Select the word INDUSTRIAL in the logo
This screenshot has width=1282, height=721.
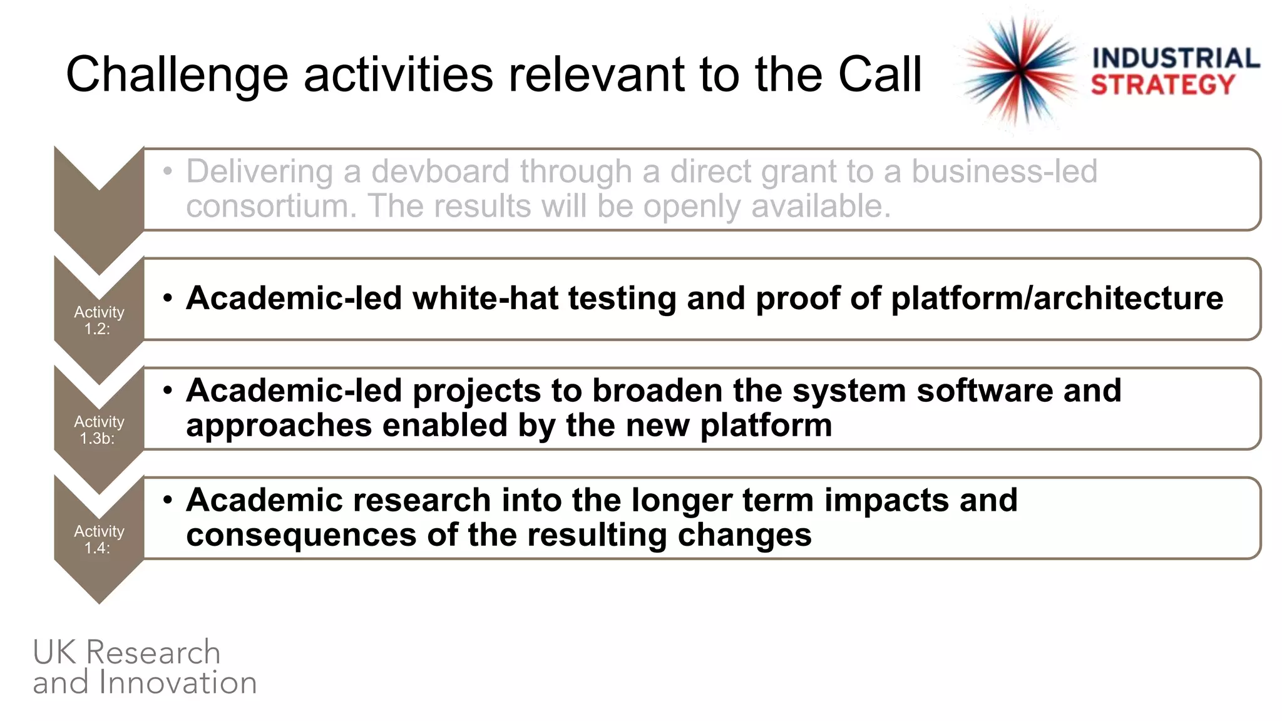(x=1176, y=58)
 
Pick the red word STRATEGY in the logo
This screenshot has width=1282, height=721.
(x=1162, y=84)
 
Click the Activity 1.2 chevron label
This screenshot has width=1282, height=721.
(x=99, y=320)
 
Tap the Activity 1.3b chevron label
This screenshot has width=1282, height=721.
(x=99, y=430)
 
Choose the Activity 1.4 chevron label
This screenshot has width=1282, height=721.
(x=99, y=539)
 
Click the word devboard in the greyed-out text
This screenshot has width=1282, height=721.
(x=440, y=171)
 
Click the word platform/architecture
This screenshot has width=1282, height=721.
(x=1057, y=298)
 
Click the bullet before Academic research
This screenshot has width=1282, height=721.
(x=167, y=500)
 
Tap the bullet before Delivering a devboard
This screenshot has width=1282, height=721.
(x=167, y=171)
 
